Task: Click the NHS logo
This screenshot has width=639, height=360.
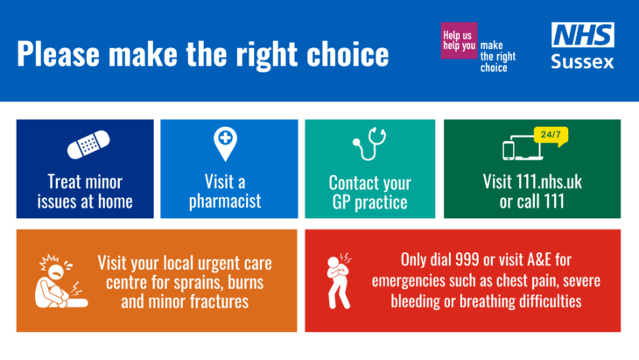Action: [583, 35]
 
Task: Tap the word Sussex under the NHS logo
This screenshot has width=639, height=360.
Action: [582, 62]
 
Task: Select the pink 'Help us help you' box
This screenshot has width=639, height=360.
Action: [459, 40]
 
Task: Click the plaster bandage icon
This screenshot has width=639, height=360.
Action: [88, 145]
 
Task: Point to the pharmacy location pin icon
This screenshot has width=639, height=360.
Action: [225, 144]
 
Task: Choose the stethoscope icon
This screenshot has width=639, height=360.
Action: [369, 144]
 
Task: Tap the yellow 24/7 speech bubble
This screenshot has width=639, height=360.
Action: [551, 136]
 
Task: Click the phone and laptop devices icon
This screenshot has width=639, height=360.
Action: [523, 147]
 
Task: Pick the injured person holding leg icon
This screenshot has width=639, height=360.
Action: [61, 281]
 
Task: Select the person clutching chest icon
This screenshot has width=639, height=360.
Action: [339, 281]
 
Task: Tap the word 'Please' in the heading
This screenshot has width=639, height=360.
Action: [58, 53]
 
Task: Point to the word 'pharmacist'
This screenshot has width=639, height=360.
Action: [225, 201]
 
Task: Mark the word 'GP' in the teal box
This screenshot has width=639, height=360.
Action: [341, 202]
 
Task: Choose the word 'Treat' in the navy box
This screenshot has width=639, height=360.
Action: [65, 182]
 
